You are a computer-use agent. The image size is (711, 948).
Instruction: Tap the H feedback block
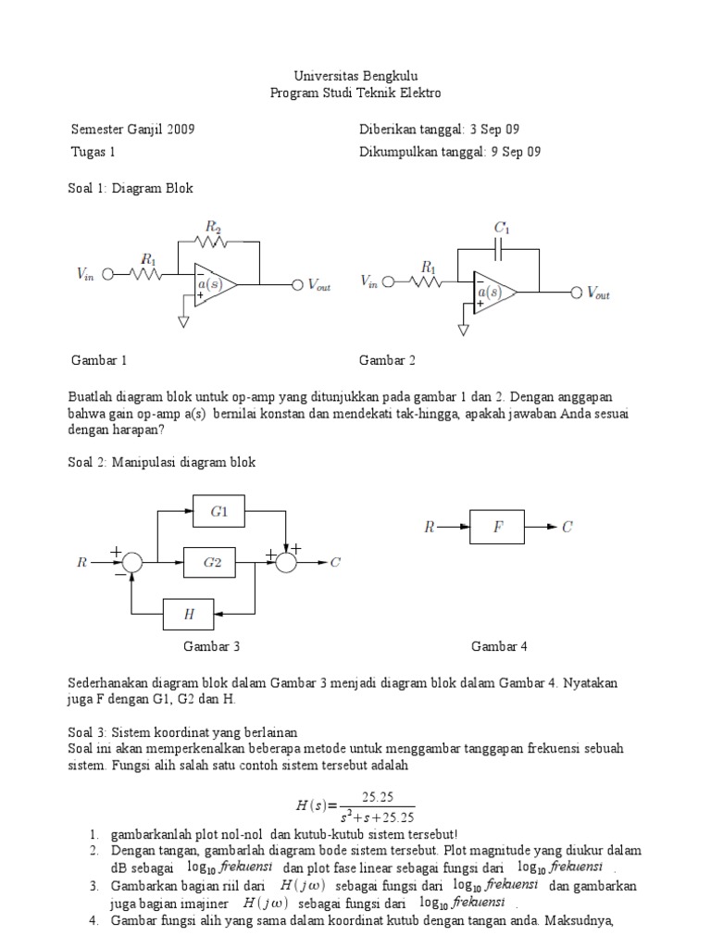(x=189, y=613)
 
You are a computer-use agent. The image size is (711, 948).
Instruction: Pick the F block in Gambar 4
(x=498, y=528)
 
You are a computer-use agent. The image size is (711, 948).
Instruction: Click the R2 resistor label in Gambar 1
(x=213, y=225)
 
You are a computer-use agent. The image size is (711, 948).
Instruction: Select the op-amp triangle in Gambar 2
(x=493, y=292)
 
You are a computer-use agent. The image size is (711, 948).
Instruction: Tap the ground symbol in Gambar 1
(x=183, y=321)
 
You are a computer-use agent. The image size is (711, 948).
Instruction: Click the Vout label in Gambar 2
(x=592, y=293)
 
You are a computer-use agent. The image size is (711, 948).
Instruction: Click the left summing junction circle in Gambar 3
(x=132, y=561)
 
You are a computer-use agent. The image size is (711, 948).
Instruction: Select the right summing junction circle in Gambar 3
(x=289, y=561)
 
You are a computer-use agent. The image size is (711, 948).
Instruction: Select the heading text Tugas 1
(x=94, y=152)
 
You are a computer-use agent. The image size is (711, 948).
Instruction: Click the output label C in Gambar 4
(x=568, y=528)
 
